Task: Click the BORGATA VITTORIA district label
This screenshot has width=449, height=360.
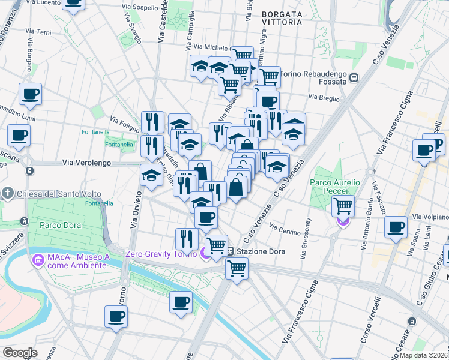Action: point(282,17)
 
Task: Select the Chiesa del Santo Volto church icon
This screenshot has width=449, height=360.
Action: point(7,193)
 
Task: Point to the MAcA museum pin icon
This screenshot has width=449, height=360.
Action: point(38,260)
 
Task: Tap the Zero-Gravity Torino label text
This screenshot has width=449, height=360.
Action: point(160,253)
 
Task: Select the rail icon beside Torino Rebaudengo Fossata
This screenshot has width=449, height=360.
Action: point(354,77)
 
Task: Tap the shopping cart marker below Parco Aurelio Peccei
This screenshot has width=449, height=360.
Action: point(343,205)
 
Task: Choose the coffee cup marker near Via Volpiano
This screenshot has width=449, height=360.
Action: point(396,227)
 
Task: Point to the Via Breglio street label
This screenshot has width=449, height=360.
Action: point(324,97)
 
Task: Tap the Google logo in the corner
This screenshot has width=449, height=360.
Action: point(20,353)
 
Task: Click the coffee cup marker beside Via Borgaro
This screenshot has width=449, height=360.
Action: point(30,94)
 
